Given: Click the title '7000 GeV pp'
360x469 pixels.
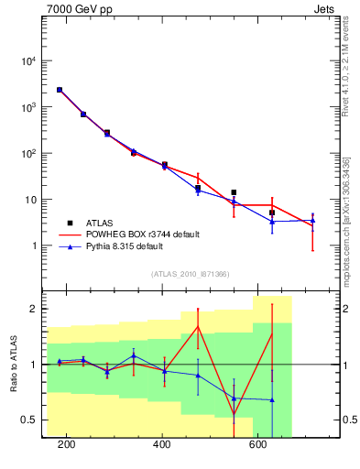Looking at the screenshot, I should click(x=74, y=9).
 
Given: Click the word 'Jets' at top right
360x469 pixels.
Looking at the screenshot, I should click(x=325, y=9).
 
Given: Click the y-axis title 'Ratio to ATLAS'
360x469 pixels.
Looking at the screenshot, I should click(x=13, y=365).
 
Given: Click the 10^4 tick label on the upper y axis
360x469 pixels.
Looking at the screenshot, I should click(x=29, y=61).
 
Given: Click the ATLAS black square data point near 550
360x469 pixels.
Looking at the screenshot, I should click(x=234, y=192).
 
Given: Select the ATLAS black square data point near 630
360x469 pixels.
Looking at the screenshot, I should click(x=272, y=213).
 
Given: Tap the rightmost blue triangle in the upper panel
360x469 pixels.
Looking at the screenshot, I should click(x=312, y=220).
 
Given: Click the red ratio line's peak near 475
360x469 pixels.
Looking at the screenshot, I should click(x=198, y=326).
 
